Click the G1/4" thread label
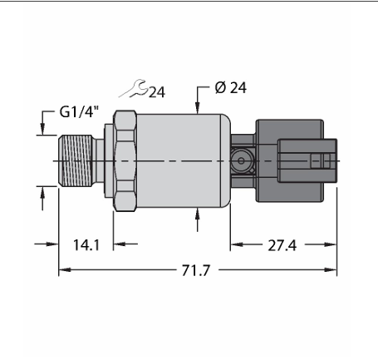[x=79, y=112]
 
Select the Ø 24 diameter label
[x=230, y=88]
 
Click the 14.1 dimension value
[x=86, y=245]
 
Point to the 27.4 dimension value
[x=282, y=245]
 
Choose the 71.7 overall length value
[x=196, y=270]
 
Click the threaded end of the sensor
[x=76, y=160]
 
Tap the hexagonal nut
[x=125, y=160]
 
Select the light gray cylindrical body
[x=184, y=160]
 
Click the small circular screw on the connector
[x=241, y=160]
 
